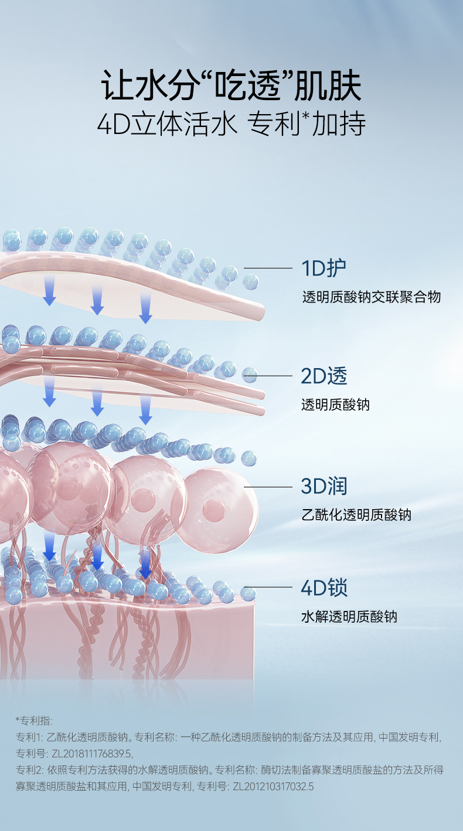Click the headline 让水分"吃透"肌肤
coord(231,86)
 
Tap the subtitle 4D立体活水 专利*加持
coord(231,124)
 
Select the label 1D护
coord(324,268)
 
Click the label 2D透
coord(324,376)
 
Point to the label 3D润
coord(324,486)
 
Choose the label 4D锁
coord(324,587)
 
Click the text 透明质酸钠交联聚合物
coord(371,297)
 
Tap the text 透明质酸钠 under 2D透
coord(335,404)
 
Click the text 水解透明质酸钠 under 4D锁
coord(349,616)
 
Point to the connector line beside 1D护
coord(268,268)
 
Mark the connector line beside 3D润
coord(268,486)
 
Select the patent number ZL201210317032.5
coord(273,787)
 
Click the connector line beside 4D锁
coord(268,587)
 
